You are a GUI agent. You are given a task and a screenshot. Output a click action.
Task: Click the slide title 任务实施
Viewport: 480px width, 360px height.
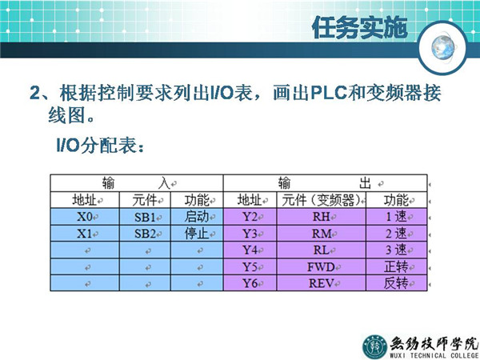[359, 28]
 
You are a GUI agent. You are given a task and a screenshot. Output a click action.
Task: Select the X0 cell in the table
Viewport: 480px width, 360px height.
[85, 217]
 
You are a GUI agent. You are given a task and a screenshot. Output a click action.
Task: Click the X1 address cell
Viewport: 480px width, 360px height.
[85, 234]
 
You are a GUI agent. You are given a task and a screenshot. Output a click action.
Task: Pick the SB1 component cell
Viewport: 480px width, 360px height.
[145, 217]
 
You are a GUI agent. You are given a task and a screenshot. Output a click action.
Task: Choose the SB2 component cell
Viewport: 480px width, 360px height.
[145, 234]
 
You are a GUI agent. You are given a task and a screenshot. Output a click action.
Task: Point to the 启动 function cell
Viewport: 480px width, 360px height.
[197, 217]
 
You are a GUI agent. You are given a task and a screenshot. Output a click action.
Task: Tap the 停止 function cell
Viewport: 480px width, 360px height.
[197, 234]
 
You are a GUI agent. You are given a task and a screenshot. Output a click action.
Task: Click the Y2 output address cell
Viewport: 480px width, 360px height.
[250, 217]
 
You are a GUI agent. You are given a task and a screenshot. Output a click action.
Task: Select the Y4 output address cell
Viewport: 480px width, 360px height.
[250, 250]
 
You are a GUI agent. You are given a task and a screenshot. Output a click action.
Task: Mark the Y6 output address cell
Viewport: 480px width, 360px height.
[250, 283]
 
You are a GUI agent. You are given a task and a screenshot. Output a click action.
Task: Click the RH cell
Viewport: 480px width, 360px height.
[321, 217]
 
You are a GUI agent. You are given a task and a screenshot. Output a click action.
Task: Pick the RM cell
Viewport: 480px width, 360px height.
[321, 234]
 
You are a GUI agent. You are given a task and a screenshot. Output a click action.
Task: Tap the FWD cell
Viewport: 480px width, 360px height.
[321, 266]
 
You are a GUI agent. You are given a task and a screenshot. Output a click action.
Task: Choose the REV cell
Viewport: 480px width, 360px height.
[321, 283]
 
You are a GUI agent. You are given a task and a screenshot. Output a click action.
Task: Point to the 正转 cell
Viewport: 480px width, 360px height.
[397, 266]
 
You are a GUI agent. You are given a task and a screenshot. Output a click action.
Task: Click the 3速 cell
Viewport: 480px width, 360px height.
[397, 250]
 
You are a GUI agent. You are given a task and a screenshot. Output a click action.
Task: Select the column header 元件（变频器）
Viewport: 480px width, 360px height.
[321, 200]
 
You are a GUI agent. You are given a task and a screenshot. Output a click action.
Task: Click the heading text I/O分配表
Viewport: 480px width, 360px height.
[100, 146]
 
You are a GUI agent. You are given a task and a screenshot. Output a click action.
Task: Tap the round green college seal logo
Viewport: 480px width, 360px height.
[375, 346]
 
